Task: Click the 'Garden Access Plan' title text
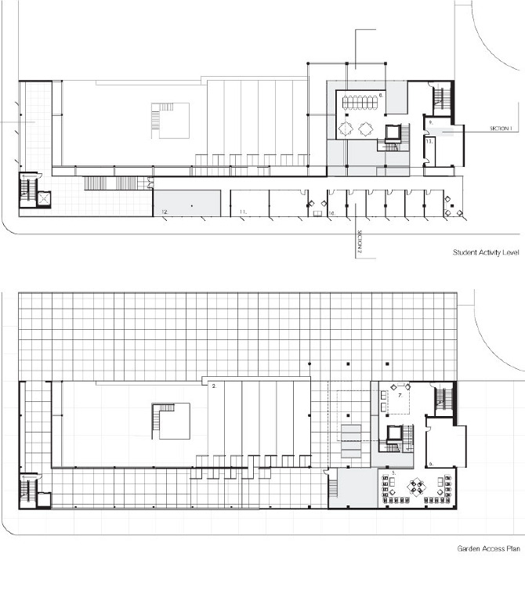pyautogui.click(x=488, y=549)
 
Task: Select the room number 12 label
pyautogui.click(x=165, y=212)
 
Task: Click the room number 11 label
pyautogui.click(x=243, y=212)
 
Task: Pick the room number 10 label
pyautogui.click(x=332, y=212)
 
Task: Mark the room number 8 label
pyautogui.click(x=381, y=95)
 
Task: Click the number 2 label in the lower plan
pyautogui.click(x=213, y=386)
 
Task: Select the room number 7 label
pyautogui.click(x=400, y=396)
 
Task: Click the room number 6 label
pyautogui.click(x=431, y=464)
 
